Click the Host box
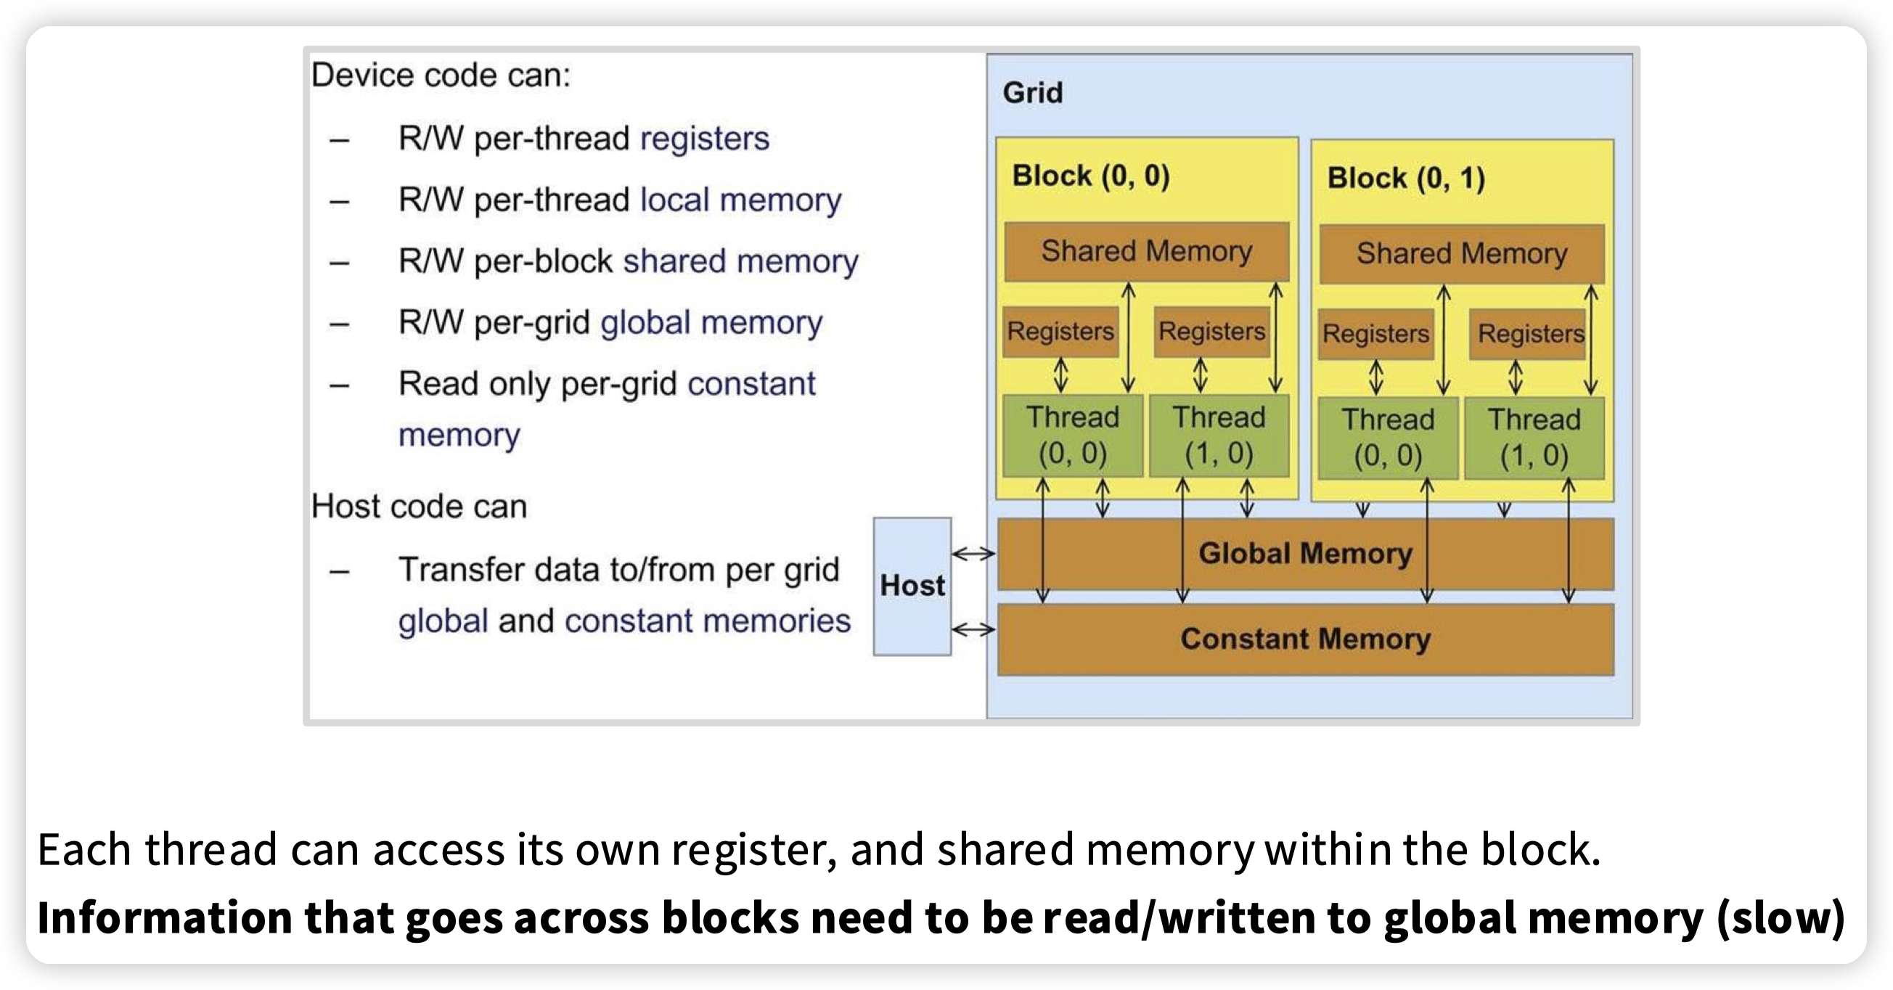pyautogui.click(x=912, y=586)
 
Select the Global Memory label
pyautogui.click(x=1305, y=554)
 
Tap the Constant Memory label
pyautogui.click(x=1305, y=639)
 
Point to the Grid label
pyautogui.click(x=1032, y=93)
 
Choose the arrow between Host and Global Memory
pyautogui.click(x=973, y=554)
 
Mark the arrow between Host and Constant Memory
pyautogui.click(x=973, y=629)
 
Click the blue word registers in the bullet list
pyautogui.click(x=705, y=138)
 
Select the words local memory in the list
pyautogui.click(x=741, y=200)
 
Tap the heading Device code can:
pyautogui.click(x=441, y=75)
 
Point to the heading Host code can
pyautogui.click(x=419, y=507)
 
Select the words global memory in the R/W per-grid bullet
pyautogui.click(x=711, y=323)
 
